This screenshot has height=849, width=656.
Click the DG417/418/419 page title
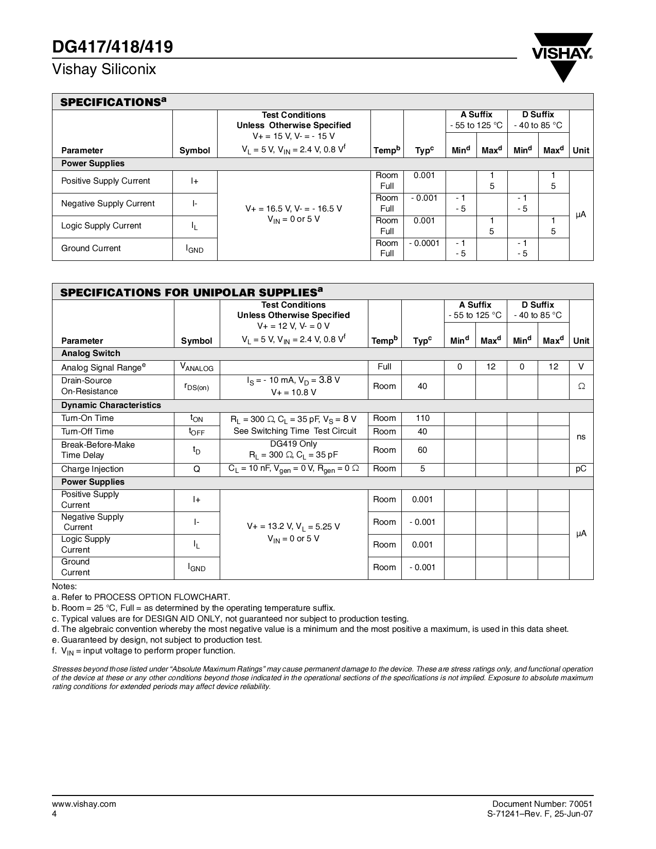coord(112,47)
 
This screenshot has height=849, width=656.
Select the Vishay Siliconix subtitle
coord(104,69)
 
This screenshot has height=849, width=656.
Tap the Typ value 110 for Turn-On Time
coord(422,418)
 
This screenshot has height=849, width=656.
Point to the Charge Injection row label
coord(92,469)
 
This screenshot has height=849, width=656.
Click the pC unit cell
coord(581,469)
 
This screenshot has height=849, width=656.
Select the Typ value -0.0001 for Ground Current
coord(424,243)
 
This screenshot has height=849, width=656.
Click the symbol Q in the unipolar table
coord(197,469)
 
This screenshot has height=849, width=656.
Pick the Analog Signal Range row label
coord(103,367)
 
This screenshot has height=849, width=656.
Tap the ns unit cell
coord(581,437)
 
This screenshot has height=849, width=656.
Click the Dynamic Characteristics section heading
coord(111,405)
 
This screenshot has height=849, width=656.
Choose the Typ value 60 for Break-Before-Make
coord(422,450)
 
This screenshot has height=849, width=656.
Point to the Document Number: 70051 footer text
coord(542,804)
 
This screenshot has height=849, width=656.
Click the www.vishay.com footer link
coord(84,804)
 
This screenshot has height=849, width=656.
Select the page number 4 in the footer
coord(55,814)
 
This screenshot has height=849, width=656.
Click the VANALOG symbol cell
coord(197,367)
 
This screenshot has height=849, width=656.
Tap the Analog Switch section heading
coord(91,353)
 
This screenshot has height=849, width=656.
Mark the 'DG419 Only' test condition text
coord(293,444)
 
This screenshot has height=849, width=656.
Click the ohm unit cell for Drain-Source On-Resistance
coord(581,386)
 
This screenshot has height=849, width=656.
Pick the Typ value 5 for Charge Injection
coord(422,469)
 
